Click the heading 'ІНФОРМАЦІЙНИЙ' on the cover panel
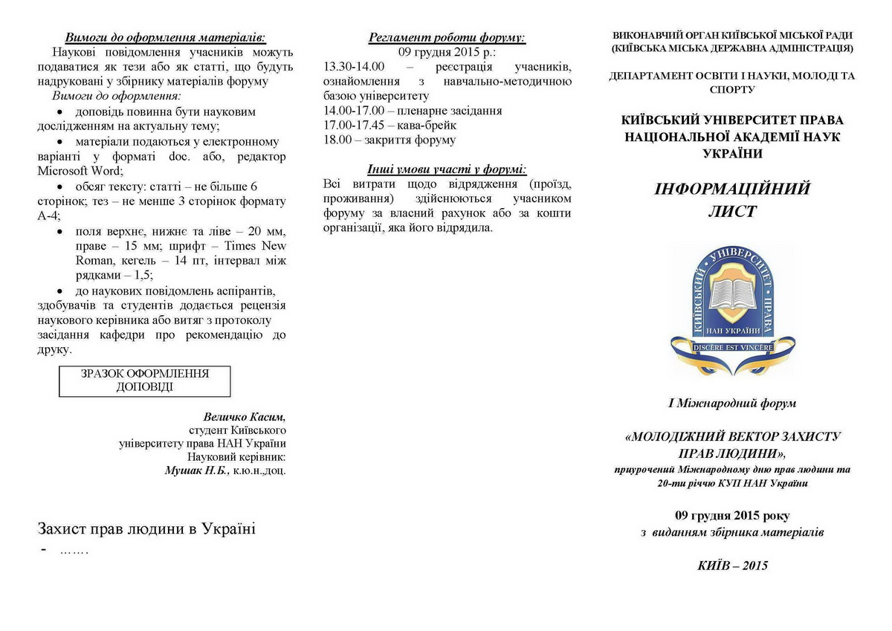click(x=731, y=189)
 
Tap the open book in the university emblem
click(x=732, y=291)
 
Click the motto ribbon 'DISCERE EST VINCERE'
click(x=732, y=347)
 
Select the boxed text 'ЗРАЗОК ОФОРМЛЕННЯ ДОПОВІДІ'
click(x=145, y=381)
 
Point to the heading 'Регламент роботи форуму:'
click(x=447, y=36)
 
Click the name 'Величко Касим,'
click(x=245, y=417)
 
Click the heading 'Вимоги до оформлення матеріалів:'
click(x=165, y=36)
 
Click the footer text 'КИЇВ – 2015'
click(x=732, y=565)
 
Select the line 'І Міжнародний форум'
click(x=732, y=404)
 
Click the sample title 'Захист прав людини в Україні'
click(x=146, y=529)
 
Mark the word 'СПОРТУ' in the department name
click(x=732, y=89)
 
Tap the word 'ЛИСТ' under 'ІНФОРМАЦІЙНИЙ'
click(x=731, y=212)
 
